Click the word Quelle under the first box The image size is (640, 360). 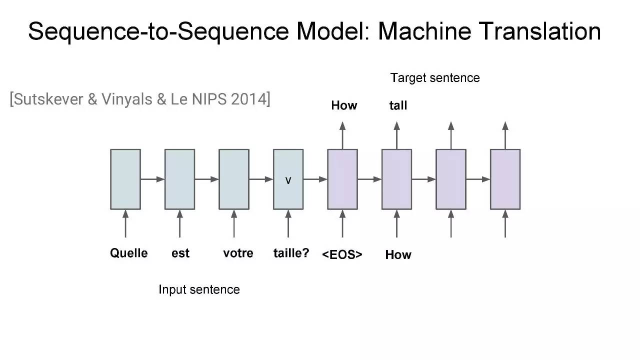click(x=129, y=253)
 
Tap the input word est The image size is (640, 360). click(x=180, y=253)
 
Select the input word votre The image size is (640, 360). click(x=238, y=253)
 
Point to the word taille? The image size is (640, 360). click(x=291, y=253)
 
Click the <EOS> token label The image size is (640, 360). click(x=342, y=254)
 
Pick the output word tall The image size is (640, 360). click(x=398, y=105)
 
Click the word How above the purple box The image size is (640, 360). click(x=344, y=105)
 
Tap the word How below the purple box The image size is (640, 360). click(x=398, y=254)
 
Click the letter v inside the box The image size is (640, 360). click(x=288, y=180)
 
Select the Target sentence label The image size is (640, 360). click(x=435, y=78)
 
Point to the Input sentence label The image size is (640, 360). click(x=199, y=289)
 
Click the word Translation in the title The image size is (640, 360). click(x=539, y=31)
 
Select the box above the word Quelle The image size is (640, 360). click(x=125, y=179)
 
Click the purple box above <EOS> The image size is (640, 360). click(x=342, y=179)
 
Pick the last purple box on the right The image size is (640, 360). click(x=505, y=179)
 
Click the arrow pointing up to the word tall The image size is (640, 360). click(x=397, y=135)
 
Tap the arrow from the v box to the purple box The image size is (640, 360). click(x=315, y=179)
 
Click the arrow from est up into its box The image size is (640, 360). click(x=179, y=223)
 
